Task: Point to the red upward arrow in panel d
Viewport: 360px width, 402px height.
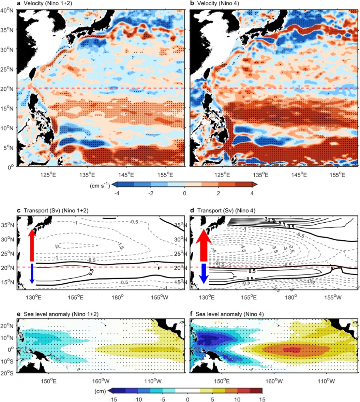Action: click(203, 245)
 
